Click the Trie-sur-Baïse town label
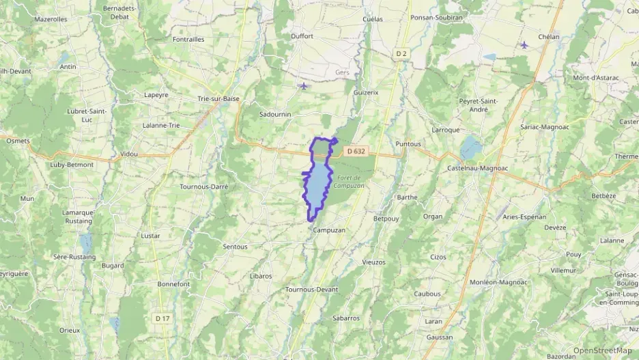point(218,98)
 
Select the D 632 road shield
point(356,151)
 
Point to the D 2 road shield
point(401,53)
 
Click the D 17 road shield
point(162,318)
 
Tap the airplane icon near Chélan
point(524,45)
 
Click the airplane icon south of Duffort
point(303,86)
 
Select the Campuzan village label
point(329,230)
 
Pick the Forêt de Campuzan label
point(350,181)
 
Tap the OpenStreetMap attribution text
point(602,350)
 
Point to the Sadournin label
point(276,115)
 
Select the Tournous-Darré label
point(203,186)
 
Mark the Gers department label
point(342,72)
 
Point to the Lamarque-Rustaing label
point(79,216)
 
